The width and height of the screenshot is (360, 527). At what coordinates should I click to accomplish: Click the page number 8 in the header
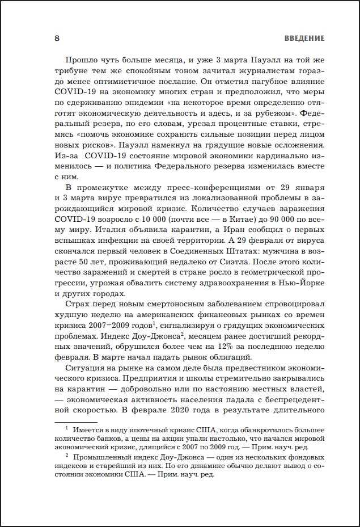pyautogui.click(x=56, y=39)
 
